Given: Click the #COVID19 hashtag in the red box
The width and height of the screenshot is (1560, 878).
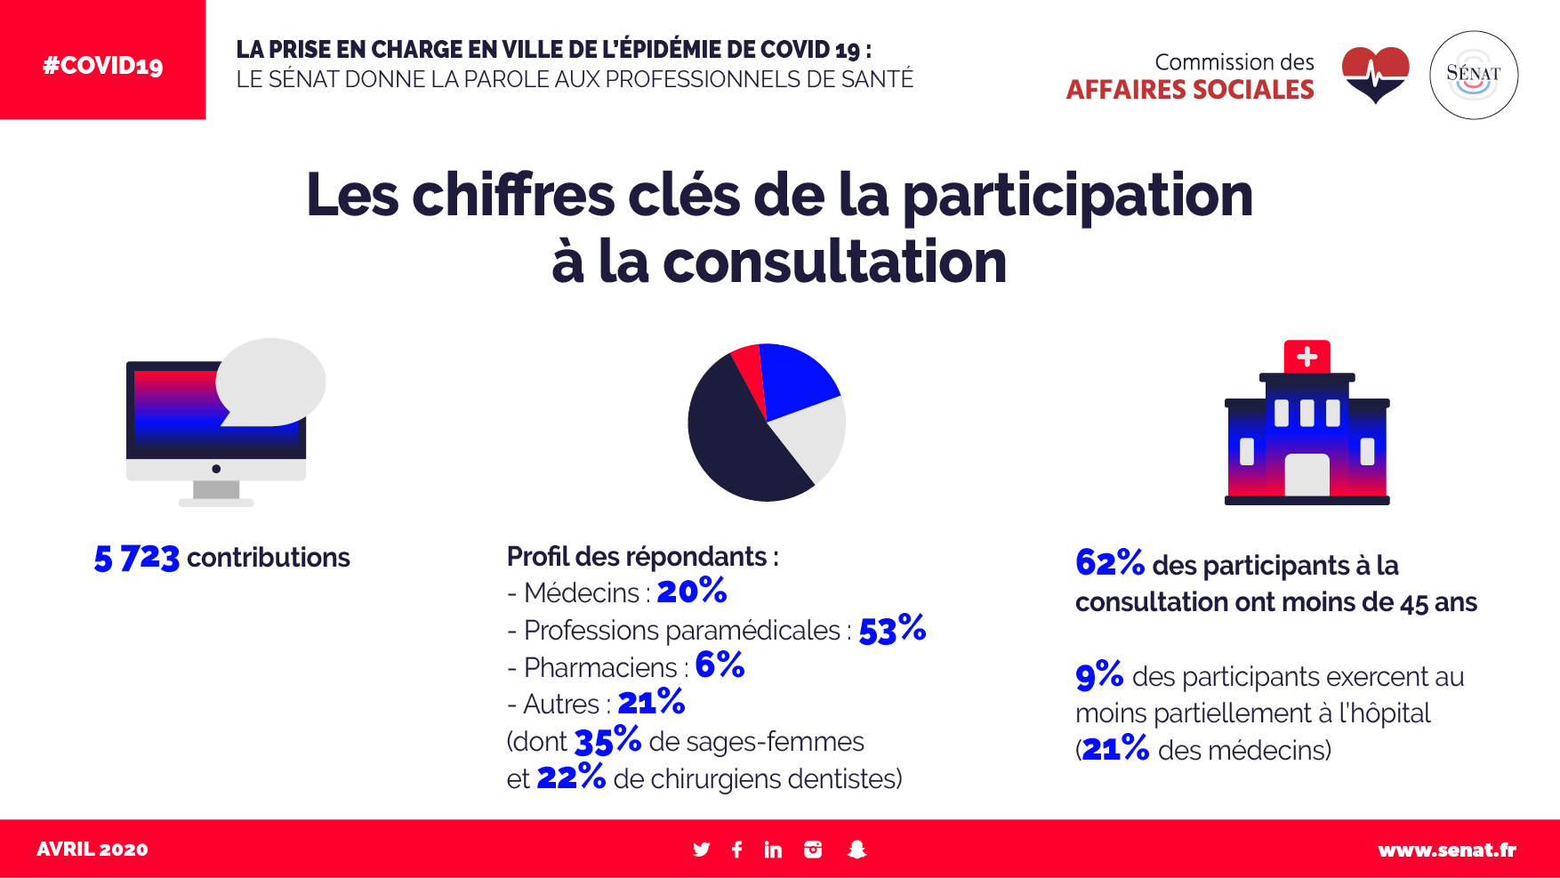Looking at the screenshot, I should click(x=103, y=66).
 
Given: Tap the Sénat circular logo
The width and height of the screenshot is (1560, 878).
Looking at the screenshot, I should click(x=1473, y=75).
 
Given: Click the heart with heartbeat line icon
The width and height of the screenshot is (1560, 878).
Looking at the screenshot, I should click(x=1375, y=74).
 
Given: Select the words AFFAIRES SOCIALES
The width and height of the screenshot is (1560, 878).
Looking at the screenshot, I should click(x=1190, y=90).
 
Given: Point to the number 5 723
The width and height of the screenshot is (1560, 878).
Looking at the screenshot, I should click(x=137, y=558).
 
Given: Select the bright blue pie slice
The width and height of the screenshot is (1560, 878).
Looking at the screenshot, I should click(x=796, y=378).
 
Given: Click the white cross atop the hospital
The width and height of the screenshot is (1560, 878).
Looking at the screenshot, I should click(x=1307, y=357).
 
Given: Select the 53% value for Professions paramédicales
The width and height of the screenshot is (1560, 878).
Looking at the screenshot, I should click(x=892, y=629).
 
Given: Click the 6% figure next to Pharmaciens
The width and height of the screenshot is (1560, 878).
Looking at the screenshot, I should click(x=720, y=665).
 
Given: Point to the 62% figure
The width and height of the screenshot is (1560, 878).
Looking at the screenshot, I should click(x=1109, y=563).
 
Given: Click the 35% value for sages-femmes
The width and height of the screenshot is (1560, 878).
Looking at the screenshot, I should click(x=607, y=740).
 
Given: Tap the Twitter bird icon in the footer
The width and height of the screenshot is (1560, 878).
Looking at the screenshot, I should click(x=702, y=850).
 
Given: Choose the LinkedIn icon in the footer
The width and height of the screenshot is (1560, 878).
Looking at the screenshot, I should click(x=773, y=850).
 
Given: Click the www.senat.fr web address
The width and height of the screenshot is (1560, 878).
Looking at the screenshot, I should click(x=1446, y=850).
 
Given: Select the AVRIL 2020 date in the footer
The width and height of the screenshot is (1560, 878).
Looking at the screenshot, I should click(x=92, y=850).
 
